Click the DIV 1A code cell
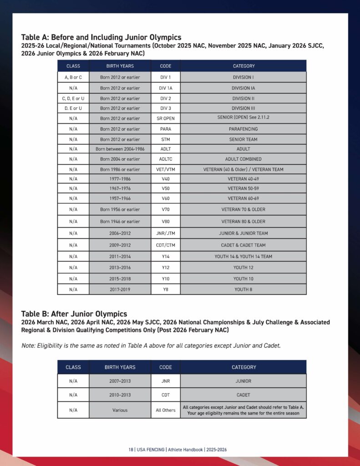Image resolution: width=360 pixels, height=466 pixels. point(165,88)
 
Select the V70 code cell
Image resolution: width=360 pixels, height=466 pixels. point(165,209)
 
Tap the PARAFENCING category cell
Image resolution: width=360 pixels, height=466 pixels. point(243,129)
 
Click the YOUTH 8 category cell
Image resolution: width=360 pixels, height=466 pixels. point(243,289)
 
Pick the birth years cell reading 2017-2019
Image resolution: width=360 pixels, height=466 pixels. point(120,289)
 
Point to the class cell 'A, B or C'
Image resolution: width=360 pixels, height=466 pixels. point(73,77)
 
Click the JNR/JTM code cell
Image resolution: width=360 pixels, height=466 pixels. point(165,233)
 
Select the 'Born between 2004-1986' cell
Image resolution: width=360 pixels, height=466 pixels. point(120,149)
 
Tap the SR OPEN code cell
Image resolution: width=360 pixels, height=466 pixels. point(165,118)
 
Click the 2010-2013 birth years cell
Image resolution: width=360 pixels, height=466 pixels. point(120,395)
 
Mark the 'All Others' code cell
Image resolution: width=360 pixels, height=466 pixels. point(165,410)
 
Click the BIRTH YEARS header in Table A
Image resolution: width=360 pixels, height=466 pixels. point(120,66)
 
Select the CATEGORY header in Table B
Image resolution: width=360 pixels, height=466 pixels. point(243,367)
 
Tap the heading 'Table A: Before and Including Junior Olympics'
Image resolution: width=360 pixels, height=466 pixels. point(101,37)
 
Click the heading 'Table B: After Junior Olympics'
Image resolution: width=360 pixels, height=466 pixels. point(74,314)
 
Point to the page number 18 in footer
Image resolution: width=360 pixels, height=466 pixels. point(131,450)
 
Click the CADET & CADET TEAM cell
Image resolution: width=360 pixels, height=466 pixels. point(243,245)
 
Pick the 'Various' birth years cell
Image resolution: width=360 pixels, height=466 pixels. point(120,410)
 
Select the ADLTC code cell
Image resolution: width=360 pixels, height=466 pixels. point(165,159)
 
